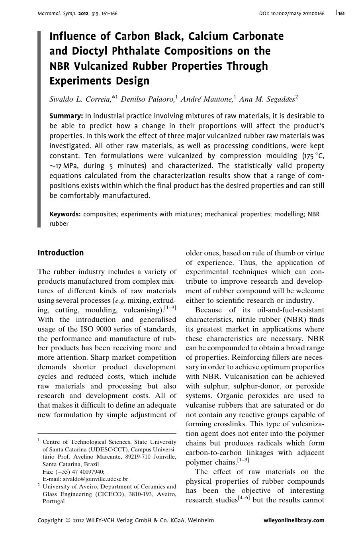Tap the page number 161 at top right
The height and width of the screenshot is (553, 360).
point(341,14)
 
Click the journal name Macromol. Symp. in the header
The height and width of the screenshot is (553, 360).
point(57,14)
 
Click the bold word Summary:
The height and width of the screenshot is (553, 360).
point(66,116)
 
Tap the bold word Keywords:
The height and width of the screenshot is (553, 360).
point(65,214)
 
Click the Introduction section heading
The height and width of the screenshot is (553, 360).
point(61,253)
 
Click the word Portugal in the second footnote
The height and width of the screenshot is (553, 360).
point(53,501)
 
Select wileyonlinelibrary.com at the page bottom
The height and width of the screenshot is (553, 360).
point(294,520)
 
